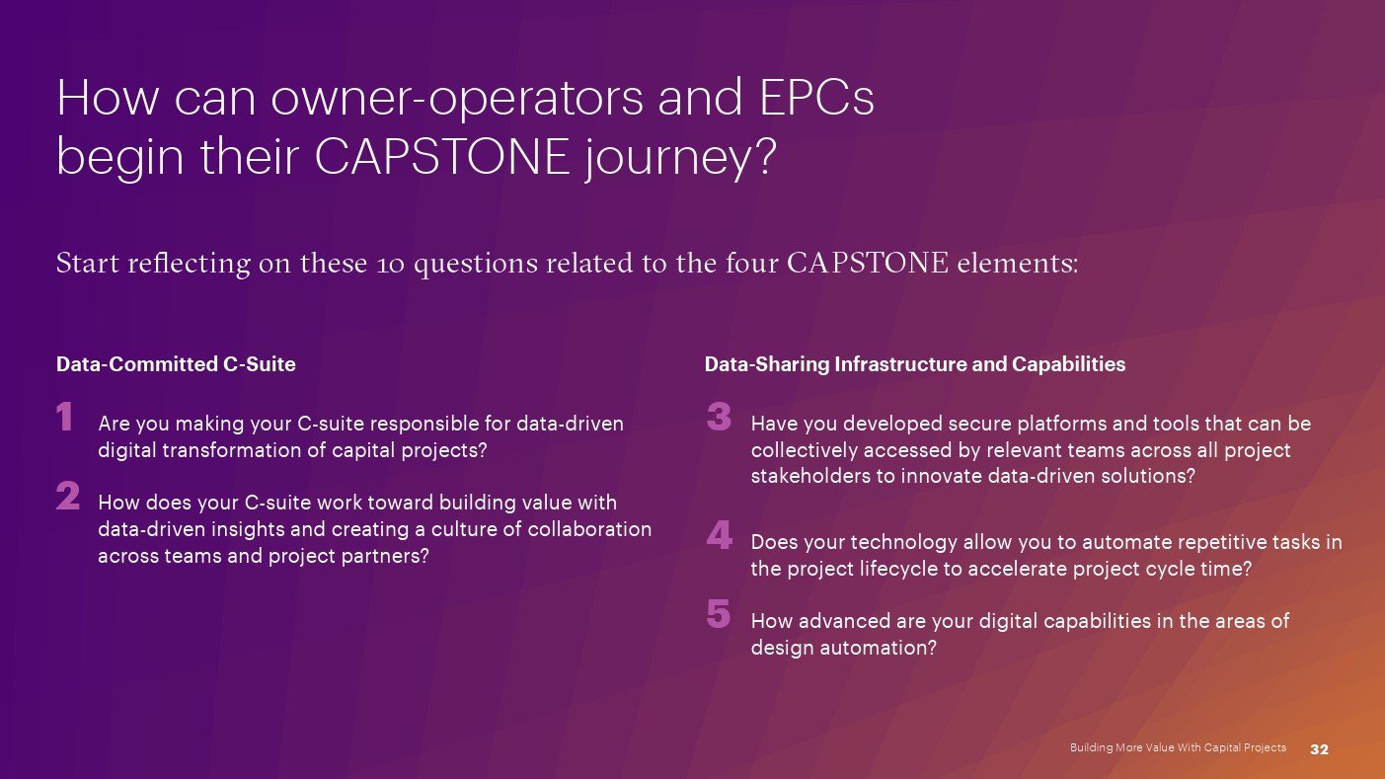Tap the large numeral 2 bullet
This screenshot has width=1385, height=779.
tap(68, 496)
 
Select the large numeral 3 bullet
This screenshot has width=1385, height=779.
tap(719, 416)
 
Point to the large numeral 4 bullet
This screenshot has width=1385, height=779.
tap(720, 535)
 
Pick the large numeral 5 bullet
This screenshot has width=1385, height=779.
tap(719, 613)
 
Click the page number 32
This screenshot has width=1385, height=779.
tap(1319, 749)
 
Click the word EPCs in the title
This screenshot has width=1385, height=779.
tap(816, 98)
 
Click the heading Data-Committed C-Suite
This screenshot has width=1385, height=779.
tap(176, 364)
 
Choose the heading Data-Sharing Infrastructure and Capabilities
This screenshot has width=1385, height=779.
tap(914, 364)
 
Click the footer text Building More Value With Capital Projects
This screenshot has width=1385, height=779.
tap(1178, 747)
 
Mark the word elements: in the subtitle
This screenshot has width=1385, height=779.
tap(1018, 263)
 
